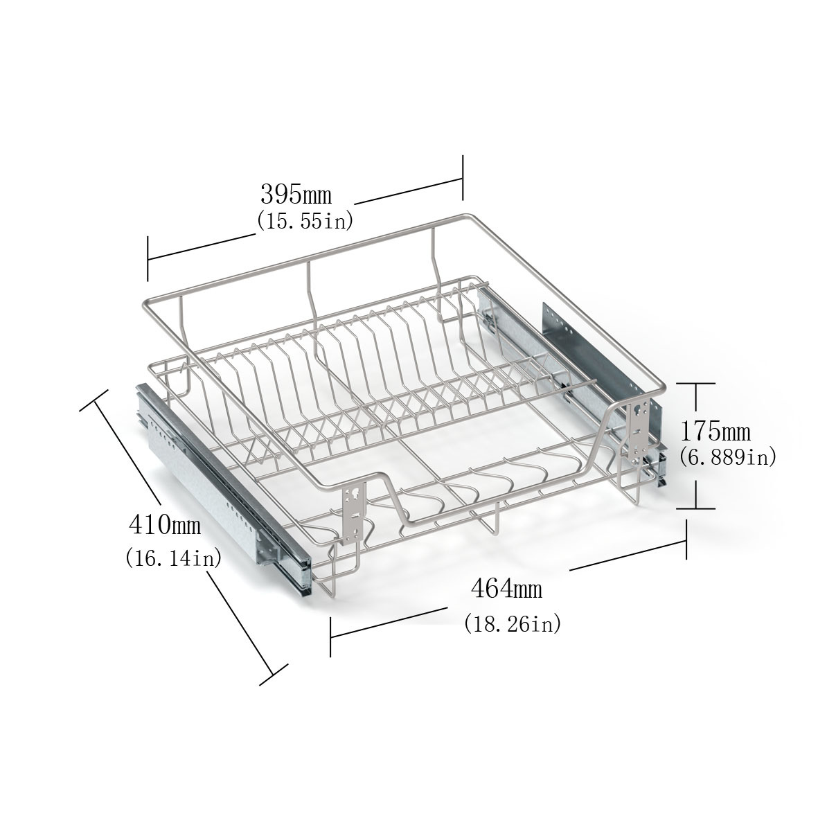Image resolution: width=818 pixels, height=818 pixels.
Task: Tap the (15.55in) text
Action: point(305,221)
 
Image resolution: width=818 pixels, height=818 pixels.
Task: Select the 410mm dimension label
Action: point(164,525)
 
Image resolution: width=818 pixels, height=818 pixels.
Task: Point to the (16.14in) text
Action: point(173,558)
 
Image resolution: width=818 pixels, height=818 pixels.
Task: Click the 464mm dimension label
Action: point(506,589)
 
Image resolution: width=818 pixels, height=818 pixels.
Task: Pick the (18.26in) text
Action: point(513,623)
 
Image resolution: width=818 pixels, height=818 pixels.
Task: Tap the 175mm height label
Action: point(715,432)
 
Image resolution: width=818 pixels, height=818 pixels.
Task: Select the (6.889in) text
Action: point(728,457)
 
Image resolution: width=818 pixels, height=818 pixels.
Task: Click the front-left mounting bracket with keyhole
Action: point(354,513)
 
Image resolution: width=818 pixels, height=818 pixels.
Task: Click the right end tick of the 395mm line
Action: point(463,179)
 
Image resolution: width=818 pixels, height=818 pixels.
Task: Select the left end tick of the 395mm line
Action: point(148,258)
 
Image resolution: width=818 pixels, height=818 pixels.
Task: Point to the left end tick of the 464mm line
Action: point(330,636)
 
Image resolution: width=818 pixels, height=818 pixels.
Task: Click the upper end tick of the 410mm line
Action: point(95,400)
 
